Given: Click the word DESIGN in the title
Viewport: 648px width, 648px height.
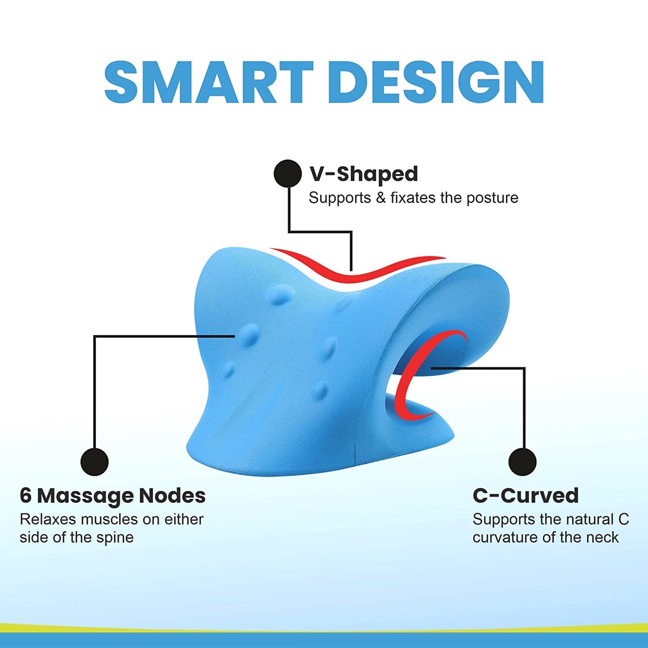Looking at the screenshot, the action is pos(440,82).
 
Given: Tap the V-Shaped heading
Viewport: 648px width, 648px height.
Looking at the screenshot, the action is pos(364,174).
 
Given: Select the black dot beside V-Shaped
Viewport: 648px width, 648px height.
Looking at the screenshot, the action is pos(287,174).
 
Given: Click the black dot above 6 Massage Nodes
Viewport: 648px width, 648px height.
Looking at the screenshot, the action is pos(95,462).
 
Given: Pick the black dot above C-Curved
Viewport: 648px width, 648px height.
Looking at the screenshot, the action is pos(522,462).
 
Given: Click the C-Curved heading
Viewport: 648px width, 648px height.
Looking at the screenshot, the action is pos(526,496).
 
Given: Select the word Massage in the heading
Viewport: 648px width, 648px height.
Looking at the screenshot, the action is pos(86,496).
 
